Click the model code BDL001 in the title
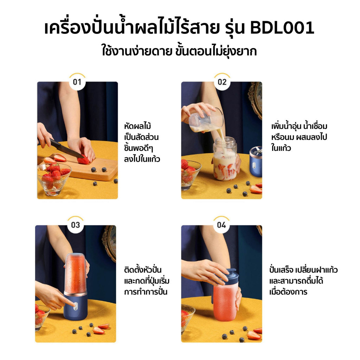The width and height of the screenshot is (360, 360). [282, 28]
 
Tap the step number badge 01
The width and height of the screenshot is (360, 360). [77, 82]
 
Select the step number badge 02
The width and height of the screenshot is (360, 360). [222, 82]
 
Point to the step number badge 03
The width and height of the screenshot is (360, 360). [76, 225]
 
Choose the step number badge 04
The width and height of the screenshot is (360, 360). [221, 225]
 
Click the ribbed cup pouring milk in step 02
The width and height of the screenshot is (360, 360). [206, 121]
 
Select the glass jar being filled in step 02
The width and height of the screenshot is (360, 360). [225, 159]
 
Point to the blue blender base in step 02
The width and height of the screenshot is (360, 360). [256, 162]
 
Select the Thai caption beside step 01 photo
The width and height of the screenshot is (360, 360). [142, 143]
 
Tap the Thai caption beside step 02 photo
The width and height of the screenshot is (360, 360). [299, 137]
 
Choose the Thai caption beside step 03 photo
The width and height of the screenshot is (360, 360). [147, 281]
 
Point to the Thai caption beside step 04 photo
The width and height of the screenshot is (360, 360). [303, 281]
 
